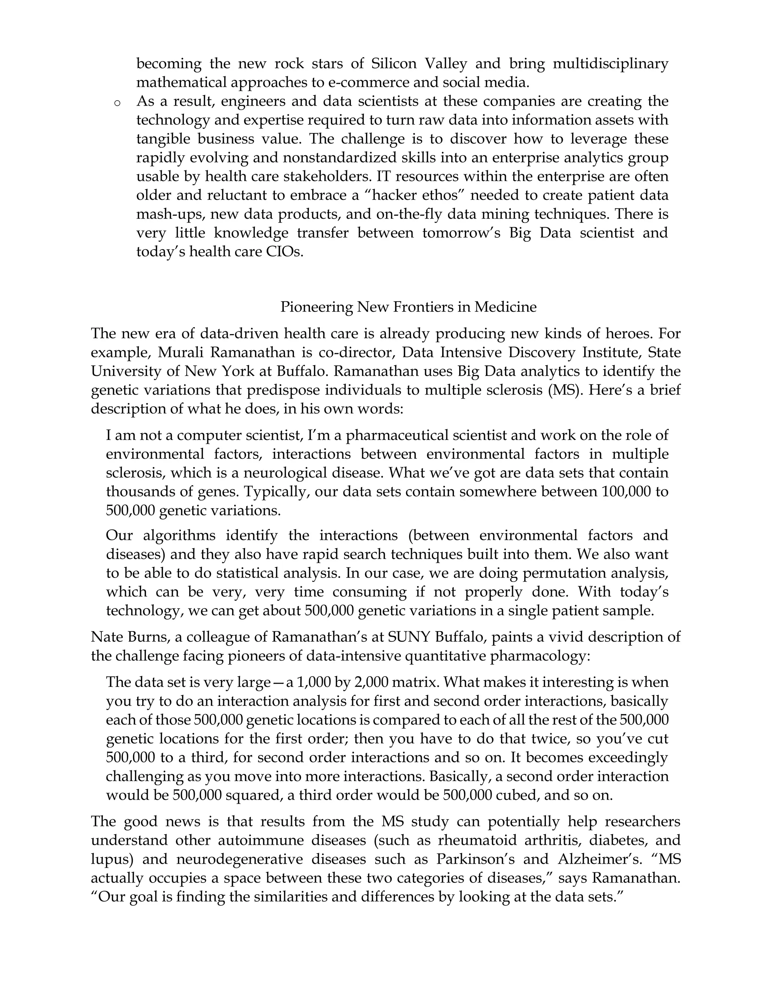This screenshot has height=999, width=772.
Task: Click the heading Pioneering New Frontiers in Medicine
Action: [x=408, y=306]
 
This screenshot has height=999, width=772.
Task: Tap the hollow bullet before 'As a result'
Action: [x=117, y=103]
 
